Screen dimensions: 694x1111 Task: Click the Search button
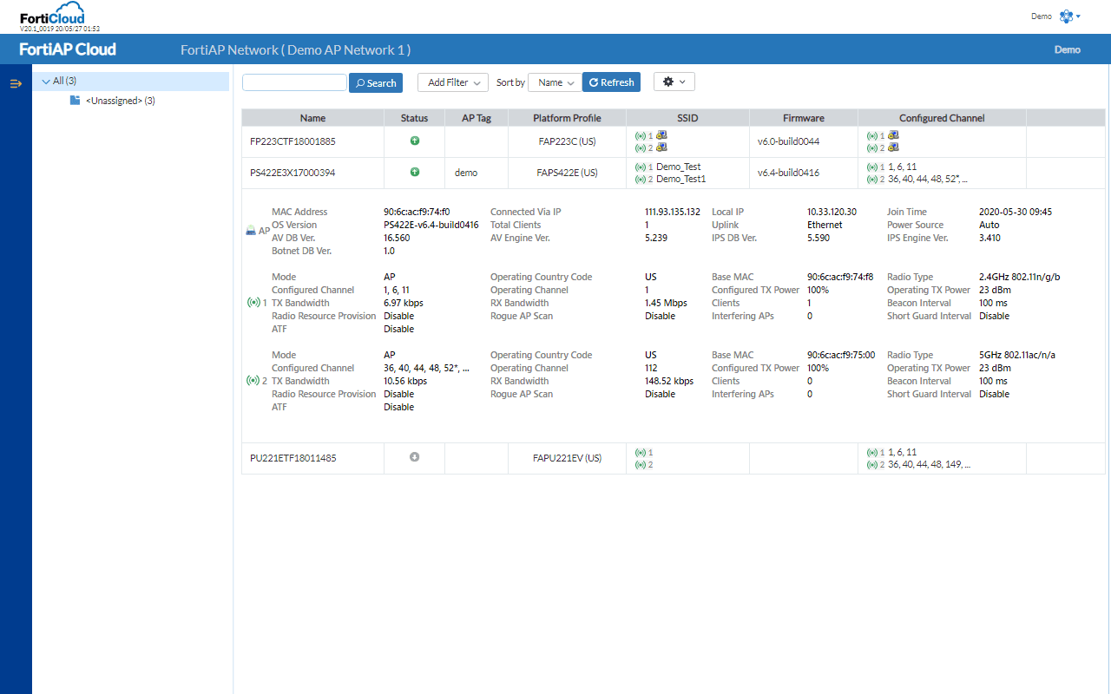click(376, 83)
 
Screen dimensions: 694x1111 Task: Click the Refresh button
click(611, 82)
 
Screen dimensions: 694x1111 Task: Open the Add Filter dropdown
click(453, 82)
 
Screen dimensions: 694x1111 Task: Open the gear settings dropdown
click(674, 82)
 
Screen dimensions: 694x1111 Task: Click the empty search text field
click(294, 82)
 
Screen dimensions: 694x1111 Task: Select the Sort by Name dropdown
click(555, 82)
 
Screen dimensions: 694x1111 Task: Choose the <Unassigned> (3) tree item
click(120, 101)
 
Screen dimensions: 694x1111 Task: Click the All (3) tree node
click(65, 81)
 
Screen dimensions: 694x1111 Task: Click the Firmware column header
click(803, 118)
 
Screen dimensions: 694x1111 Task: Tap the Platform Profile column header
click(567, 118)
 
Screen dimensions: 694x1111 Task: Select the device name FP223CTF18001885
click(293, 141)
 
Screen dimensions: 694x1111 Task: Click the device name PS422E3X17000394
click(293, 173)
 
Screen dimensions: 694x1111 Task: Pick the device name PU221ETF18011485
click(293, 458)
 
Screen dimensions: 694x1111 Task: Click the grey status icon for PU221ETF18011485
click(414, 457)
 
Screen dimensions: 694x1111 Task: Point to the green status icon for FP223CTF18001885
click(414, 141)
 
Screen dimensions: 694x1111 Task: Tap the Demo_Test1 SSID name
click(680, 179)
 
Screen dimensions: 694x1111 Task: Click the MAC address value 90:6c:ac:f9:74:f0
click(417, 212)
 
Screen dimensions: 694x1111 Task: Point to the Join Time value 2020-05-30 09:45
click(1016, 212)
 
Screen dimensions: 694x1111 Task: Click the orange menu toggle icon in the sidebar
click(16, 83)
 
